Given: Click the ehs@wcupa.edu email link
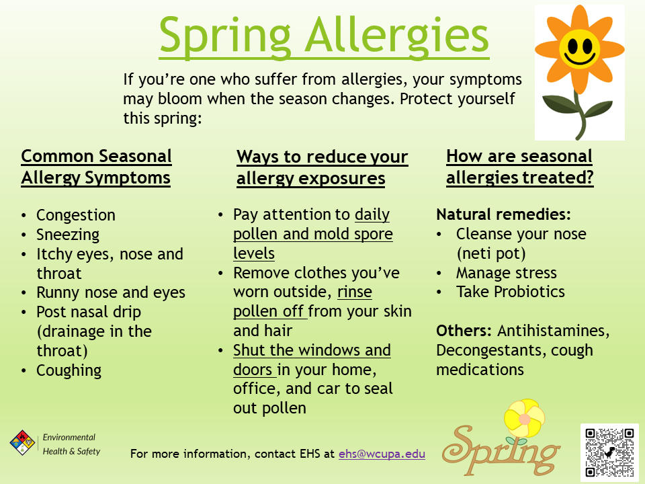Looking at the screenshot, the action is coord(382,454).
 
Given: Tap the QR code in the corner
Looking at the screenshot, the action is coord(609,452).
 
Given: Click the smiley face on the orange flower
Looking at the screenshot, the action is coord(579,48).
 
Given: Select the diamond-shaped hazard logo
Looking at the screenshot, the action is coord(22,442).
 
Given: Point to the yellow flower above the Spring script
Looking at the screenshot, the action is coord(525,418).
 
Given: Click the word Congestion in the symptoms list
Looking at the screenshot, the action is coord(76,215).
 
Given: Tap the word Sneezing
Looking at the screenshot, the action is coord(68,235).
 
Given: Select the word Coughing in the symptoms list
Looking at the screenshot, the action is coord(69,370).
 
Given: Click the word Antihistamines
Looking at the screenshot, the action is coord(553,331).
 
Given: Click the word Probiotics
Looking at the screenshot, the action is coord(529,291).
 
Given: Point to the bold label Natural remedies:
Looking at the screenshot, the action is coord(503,214).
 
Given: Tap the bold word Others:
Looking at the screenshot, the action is coord(464,331).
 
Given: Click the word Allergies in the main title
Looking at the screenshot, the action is coord(396,36).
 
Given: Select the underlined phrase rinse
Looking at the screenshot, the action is coord(355,292).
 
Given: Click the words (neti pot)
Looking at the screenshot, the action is coord(491,253).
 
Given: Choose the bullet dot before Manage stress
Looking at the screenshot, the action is coord(439,273).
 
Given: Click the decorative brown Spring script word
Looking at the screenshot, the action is coord(501,450).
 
